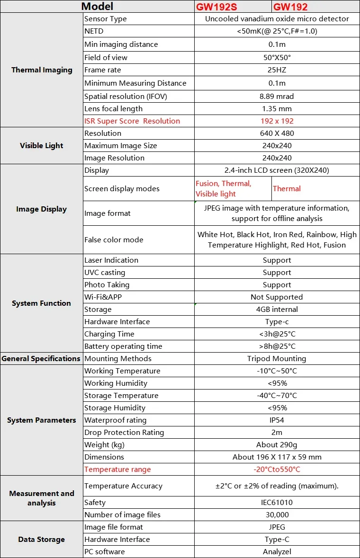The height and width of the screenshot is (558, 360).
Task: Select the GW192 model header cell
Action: tap(290, 7)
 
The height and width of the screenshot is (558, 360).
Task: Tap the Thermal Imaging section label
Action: tap(42, 70)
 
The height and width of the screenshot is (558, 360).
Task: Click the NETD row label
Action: tap(94, 31)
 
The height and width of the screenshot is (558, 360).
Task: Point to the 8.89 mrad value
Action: tap(277, 97)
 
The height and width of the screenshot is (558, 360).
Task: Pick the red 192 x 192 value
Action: tap(277, 121)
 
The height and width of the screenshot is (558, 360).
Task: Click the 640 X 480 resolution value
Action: tap(277, 133)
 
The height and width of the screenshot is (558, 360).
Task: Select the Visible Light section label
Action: tap(42, 146)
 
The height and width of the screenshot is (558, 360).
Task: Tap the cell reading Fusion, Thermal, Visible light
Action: tap(224, 189)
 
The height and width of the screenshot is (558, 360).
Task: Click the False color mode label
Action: tap(114, 240)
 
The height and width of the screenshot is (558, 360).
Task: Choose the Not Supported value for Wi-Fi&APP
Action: tap(277, 297)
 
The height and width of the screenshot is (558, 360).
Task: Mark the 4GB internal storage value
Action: tap(277, 310)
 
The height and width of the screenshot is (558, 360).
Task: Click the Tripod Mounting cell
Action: tap(277, 359)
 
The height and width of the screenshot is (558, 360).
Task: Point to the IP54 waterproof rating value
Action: tap(277, 420)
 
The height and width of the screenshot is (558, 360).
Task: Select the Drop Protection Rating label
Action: tap(124, 433)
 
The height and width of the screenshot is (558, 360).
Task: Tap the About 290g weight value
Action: tap(277, 445)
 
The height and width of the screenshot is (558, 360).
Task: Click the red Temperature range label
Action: tap(117, 469)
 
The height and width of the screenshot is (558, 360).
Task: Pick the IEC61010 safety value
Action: tap(277, 503)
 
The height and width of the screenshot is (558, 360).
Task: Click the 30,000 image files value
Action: tap(277, 515)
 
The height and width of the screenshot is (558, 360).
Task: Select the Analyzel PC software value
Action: tap(277, 552)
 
